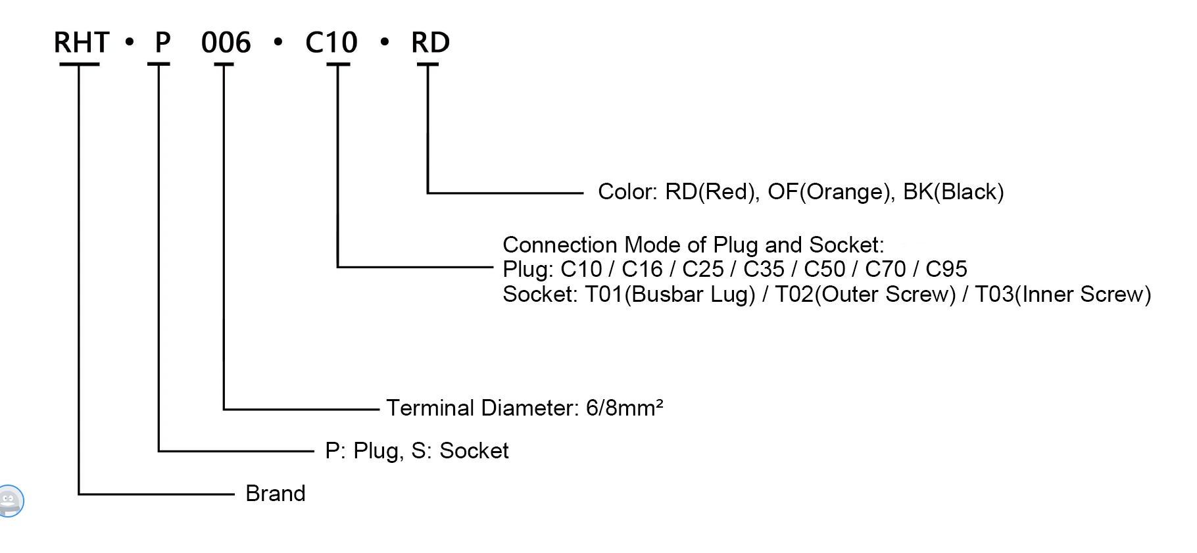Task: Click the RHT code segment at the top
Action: [x=81, y=43]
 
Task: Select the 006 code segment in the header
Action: [x=226, y=43]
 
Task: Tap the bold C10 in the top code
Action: [x=331, y=43]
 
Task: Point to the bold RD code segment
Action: [x=430, y=43]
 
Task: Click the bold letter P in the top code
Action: [x=162, y=43]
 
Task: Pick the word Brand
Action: [x=275, y=493]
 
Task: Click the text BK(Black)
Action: [x=953, y=192]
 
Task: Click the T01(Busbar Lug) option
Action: [x=670, y=294]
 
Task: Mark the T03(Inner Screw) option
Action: [x=1062, y=294]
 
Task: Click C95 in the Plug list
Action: [x=946, y=269]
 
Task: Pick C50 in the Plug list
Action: [x=824, y=269]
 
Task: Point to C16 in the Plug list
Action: [x=642, y=269]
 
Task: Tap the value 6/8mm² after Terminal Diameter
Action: [x=624, y=408]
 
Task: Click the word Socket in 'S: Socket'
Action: [x=474, y=451]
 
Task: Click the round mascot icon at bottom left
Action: [x=9, y=501]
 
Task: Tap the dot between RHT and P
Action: [x=129, y=43]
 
